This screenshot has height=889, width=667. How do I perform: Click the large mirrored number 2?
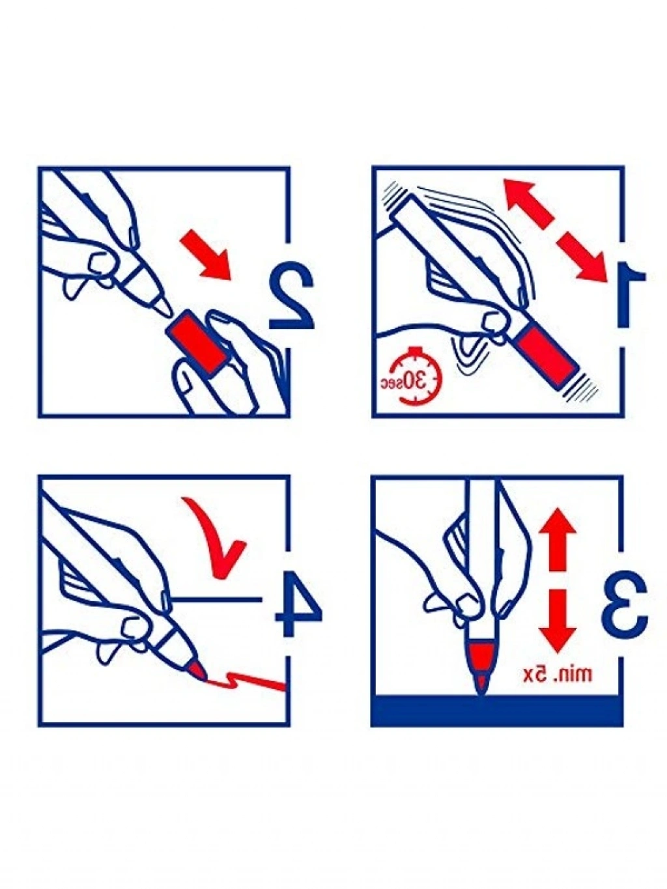point(291,297)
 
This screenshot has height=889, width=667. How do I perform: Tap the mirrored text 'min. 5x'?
point(558,673)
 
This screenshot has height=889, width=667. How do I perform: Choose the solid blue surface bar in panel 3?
point(497,711)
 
